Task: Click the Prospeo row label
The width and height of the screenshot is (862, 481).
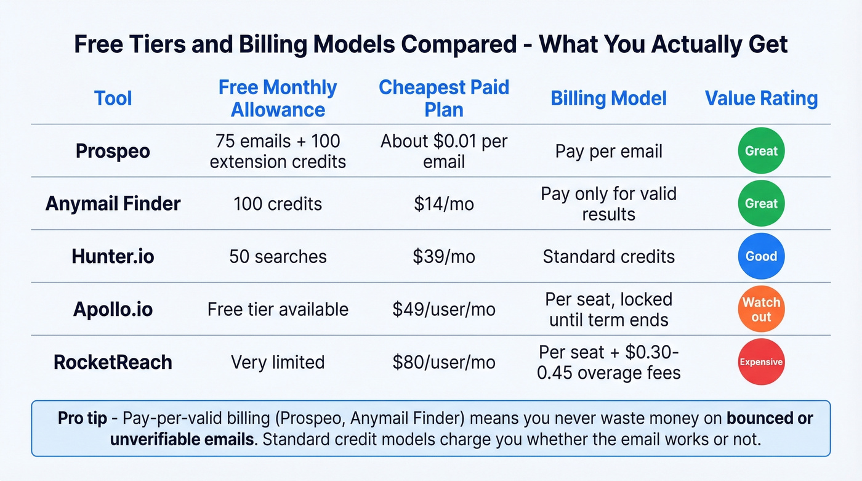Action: click(x=113, y=151)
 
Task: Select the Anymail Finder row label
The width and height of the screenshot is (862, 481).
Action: click(x=113, y=204)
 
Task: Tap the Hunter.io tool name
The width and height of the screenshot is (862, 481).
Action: click(x=113, y=256)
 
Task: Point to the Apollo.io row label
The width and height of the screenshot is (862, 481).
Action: click(x=113, y=309)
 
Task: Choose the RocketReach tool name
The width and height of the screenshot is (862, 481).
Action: click(x=113, y=362)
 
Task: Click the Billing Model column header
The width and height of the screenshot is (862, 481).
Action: click(x=608, y=99)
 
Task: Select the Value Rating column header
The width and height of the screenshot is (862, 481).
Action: click(x=761, y=99)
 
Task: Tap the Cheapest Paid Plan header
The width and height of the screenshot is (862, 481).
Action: click(x=443, y=99)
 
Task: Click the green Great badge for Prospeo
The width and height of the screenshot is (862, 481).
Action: click(x=761, y=151)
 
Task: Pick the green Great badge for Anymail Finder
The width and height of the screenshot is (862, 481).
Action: click(x=761, y=204)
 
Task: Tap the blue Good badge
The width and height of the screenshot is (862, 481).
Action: click(x=761, y=256)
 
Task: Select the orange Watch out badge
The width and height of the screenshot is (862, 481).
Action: click(x=761, y=309)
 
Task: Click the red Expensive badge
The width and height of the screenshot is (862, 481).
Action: click(x=761, y=362)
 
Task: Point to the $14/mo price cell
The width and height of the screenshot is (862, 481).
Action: click(x=443, y=204)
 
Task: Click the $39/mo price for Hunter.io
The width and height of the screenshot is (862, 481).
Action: click(x=443, y=256)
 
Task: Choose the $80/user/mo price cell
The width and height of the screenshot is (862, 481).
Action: click(x=443, y=362)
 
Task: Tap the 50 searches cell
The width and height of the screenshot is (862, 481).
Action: click(x=278, y=256)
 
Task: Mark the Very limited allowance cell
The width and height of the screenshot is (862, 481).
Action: click(x=278, y=362)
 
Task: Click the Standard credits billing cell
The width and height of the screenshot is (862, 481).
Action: click(x=608, y=256)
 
